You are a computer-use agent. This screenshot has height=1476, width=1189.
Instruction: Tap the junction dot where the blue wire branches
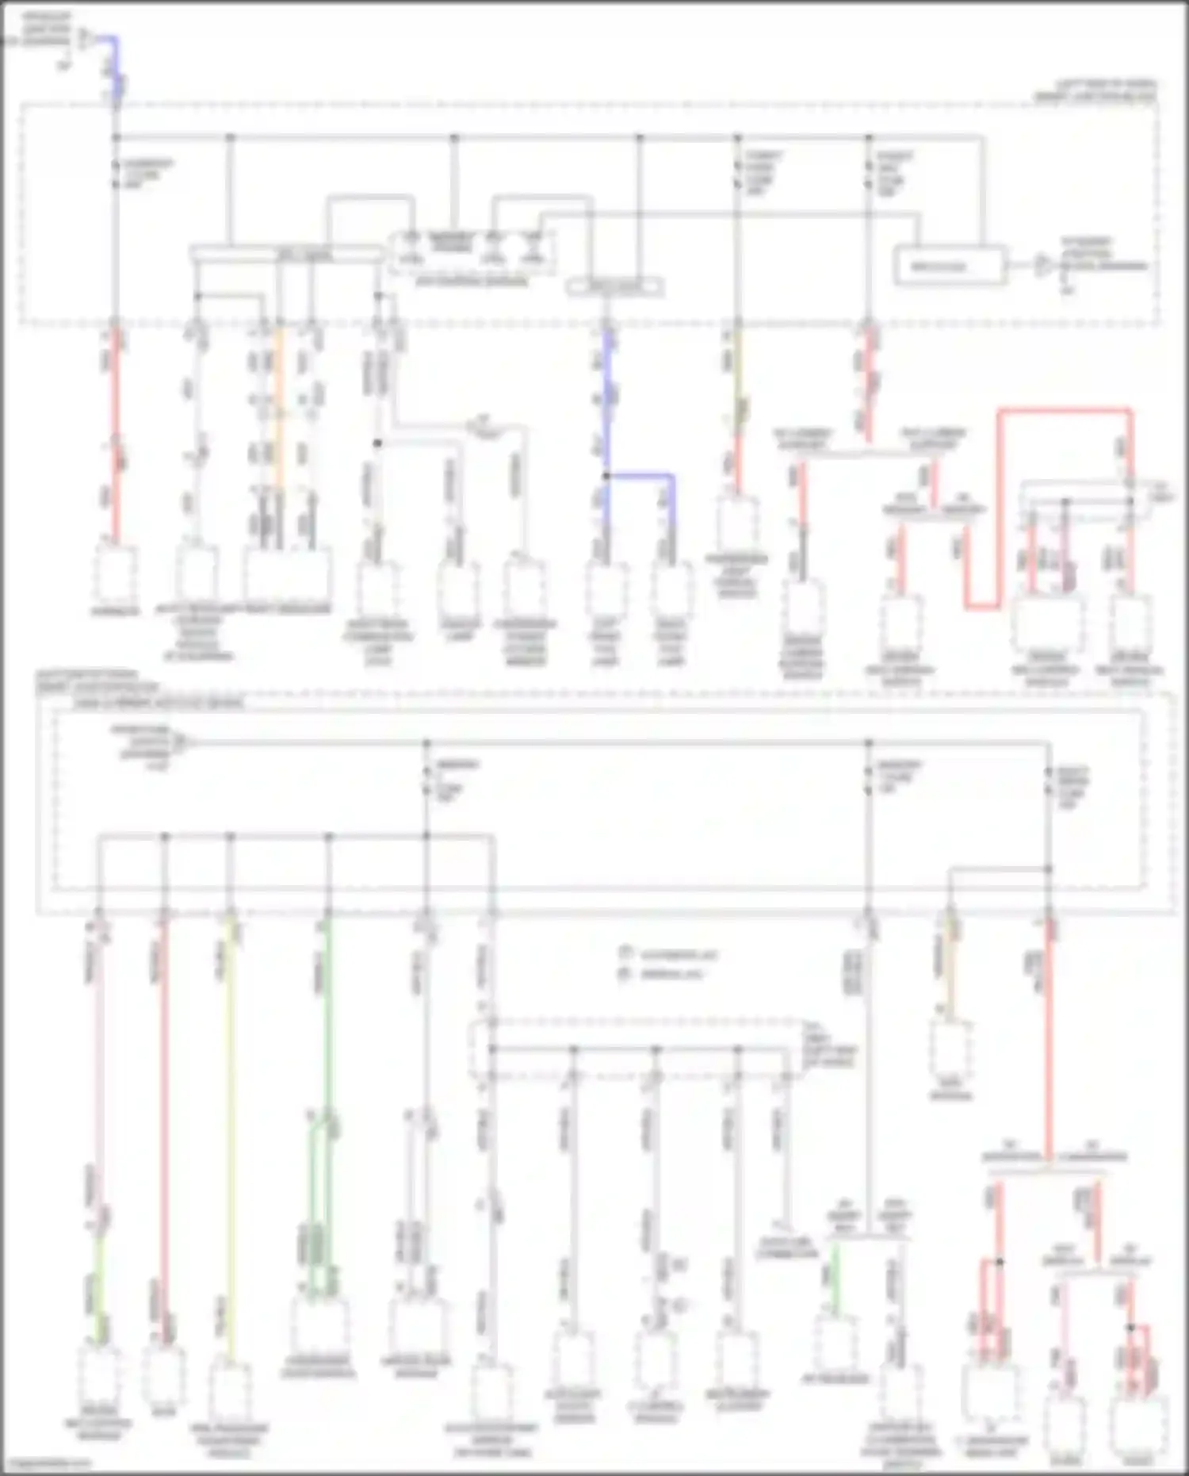tap(606, 476)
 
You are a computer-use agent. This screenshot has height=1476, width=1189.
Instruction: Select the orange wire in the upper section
tap(279, 412)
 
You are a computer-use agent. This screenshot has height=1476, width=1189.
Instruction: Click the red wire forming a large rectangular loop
tap(1062, 411)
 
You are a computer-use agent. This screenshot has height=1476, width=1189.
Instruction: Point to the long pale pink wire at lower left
tap(100, 1071)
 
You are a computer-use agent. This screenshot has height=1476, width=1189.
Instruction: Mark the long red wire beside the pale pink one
tap(164, 1126)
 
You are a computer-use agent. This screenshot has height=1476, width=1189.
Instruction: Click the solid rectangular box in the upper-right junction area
tap(950, 266)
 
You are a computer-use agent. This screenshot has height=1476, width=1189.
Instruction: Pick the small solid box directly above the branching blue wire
tap(614, 286)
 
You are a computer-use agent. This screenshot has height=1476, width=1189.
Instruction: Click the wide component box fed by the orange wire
tap(287, 575)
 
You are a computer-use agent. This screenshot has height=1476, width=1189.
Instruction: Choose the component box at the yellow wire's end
tap(231, 1392)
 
